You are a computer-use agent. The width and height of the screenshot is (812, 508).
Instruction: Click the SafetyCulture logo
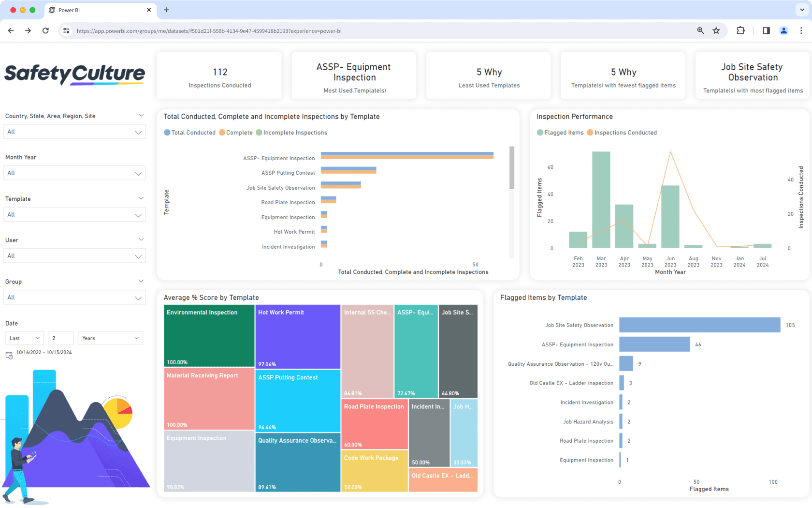point(74,74)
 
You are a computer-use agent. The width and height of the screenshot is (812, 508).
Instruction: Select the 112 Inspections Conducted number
point(220,72)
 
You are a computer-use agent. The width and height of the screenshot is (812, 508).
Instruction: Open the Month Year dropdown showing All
point(74,173)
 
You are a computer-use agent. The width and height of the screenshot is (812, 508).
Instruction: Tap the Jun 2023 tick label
point(670,262)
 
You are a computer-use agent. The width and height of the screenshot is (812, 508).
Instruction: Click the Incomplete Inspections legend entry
point(292,133)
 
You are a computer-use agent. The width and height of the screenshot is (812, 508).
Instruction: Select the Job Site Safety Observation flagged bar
point(699,325)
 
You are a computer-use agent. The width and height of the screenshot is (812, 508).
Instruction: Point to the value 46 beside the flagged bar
point(698,344)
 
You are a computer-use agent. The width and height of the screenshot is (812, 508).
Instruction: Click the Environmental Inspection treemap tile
point(209,335)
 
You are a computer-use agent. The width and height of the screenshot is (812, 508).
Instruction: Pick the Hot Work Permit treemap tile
point(297,336)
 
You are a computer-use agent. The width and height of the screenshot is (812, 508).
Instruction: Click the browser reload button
point(45,30)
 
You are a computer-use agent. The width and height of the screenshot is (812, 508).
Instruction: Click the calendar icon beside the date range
point(9,355)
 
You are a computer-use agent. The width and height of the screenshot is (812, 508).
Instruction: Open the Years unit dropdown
point(110,338)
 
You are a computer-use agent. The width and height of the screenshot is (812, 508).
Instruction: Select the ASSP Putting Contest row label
point(288,173)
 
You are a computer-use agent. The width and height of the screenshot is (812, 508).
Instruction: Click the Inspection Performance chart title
point(574,117)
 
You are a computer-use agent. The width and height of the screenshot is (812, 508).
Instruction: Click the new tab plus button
point(166,10)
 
